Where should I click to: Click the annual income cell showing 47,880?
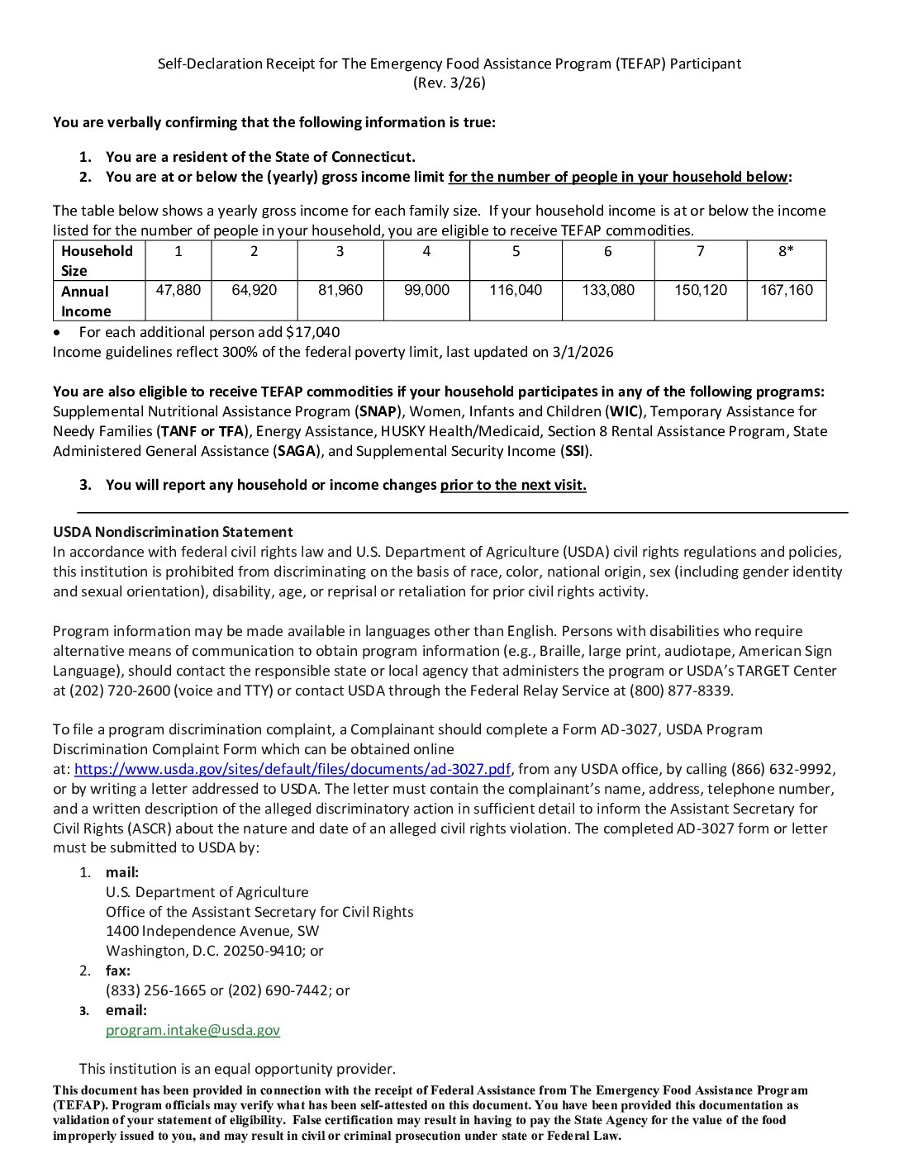[178, 291]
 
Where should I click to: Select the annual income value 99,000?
[426, 291]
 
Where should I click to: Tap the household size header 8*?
[786, 251]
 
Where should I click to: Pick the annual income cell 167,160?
[787, 291]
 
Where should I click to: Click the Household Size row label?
[97, 261]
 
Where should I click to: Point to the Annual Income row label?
[85, 301]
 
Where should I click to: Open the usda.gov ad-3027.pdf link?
[293, 769]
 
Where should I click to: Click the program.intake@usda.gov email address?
[193, 1030]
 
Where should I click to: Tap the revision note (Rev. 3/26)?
[449, 83]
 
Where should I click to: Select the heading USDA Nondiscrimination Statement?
[173, 532]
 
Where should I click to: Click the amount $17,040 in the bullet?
[312, 332]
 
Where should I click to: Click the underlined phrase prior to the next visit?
[513, 485]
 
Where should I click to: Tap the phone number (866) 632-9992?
[782, 769]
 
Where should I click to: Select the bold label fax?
[118, 971]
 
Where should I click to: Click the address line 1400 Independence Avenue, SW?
[212, 931]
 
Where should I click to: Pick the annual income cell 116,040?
[516, 291]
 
